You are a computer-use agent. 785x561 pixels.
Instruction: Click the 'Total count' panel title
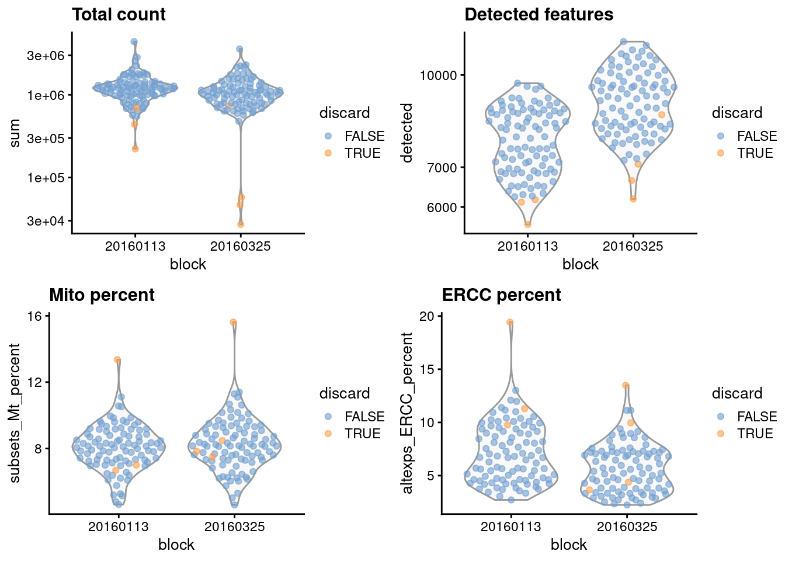119,15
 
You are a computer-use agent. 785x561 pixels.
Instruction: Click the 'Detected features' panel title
539,15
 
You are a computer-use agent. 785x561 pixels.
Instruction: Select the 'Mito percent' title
102,295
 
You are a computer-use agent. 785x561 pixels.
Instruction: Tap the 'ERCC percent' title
501,295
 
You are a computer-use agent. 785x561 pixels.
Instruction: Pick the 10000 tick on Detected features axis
438,75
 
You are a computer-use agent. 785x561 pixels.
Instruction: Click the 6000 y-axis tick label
442,207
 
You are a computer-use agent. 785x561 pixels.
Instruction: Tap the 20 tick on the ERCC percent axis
428,316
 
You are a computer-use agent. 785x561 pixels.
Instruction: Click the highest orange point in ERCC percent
510,323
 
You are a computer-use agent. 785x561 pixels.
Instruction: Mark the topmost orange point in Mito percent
233,322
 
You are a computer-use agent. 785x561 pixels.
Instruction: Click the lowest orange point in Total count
241,224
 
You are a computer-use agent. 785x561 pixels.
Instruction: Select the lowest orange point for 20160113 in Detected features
527,224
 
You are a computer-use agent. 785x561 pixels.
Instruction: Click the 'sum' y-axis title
15,133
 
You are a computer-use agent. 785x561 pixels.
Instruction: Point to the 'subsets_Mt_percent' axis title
15,413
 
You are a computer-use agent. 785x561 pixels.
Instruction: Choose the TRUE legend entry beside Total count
362,153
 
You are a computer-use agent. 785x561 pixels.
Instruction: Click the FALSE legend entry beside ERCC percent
756,417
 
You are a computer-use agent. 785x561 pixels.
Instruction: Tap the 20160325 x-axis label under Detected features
633,246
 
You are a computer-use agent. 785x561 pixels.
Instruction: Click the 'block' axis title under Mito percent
176,545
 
